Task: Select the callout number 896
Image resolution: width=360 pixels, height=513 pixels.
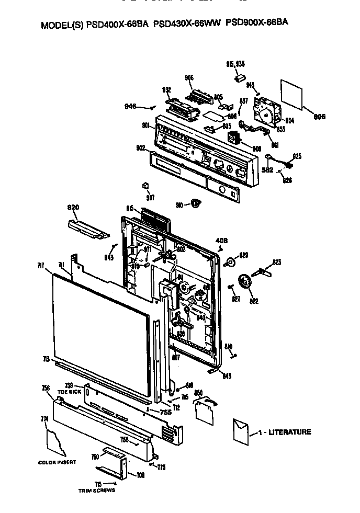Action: (x=318, y=117)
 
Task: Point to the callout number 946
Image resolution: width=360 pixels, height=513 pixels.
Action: (x=130, y=106)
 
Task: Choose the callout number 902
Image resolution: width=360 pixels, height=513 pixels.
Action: (x=141, y=148)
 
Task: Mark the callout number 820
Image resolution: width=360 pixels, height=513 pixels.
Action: (x=73, y=208)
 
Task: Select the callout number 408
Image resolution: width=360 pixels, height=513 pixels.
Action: (x=222, y=241)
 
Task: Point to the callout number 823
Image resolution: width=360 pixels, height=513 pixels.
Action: (x=277, y=261)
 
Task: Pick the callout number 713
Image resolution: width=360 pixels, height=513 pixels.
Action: (x=46, y=359)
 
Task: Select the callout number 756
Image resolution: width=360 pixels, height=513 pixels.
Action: (x=46, y=387)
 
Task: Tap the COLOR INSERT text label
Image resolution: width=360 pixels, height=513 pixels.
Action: (x=57, y=462)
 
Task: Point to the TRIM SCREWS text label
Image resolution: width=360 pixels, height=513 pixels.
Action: (x=96, y=491)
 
